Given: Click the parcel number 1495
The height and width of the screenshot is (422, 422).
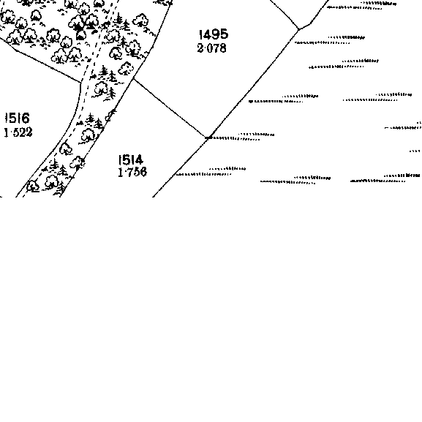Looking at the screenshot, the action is coord(214,34).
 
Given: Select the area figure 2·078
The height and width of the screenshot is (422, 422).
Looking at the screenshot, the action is coord(212,48).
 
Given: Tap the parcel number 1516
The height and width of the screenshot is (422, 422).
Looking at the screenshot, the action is coord(18,118).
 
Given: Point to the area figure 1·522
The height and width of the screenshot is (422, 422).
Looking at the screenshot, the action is coord(18,132).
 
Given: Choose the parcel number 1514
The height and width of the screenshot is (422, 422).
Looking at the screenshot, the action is coord(131,160).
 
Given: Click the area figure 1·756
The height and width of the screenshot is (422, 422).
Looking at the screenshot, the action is coord(132,172).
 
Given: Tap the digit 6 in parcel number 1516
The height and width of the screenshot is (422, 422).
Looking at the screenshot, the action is coord(26,118).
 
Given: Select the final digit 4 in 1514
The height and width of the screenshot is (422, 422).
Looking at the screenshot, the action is coord(139,160).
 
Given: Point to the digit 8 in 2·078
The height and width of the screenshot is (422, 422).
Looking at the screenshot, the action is coord(222,48).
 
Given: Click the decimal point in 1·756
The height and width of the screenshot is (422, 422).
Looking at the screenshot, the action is coord(124,173).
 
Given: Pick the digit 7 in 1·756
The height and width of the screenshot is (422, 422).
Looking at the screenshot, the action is coord(129,172).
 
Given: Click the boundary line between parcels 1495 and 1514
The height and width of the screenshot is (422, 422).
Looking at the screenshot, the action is coord(170,108).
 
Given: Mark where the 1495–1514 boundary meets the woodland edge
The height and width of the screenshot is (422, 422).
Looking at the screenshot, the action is coord(134,78).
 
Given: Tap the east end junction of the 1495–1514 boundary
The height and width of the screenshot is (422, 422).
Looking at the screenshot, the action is coord(206,137).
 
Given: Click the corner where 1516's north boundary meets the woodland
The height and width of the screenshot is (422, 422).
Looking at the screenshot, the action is coord(80,83).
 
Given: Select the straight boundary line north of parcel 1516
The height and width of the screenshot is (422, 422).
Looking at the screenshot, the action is coord(48,67).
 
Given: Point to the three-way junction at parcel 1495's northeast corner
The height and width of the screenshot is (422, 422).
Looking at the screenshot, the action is coord(298,29).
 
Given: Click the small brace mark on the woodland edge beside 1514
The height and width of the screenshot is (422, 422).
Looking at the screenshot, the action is coord(110,115).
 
